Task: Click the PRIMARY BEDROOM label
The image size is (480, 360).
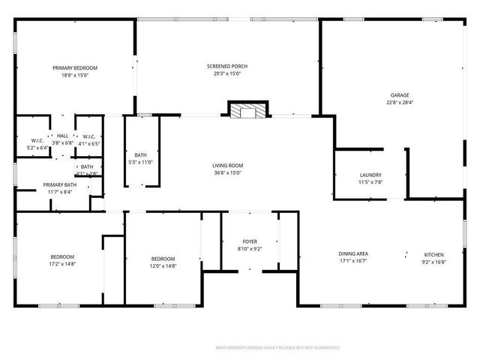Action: pos(75,68)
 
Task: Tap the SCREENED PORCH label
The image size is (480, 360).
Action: pos(227,67)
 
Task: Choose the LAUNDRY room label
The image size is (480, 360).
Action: pos(370,175)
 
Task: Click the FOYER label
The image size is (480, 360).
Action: pos(249,241)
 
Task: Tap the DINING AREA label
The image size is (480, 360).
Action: pos(353,254)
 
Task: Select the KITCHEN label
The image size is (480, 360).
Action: pos(434,254)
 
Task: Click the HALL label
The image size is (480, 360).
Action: pos(62,136)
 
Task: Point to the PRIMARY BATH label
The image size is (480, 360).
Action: pos(59,184)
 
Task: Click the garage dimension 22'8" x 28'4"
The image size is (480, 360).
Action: pos(399,103)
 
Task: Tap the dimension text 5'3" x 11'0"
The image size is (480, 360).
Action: pos(141,162)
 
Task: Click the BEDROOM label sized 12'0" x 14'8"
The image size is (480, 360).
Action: pos(163,258)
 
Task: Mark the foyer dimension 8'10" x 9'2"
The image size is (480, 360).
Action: pos(249,249)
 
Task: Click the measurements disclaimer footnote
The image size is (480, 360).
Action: pos(277,348)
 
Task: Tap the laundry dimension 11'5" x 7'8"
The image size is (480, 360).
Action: pos(370,182)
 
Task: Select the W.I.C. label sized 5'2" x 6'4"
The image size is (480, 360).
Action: pos(37,148)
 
